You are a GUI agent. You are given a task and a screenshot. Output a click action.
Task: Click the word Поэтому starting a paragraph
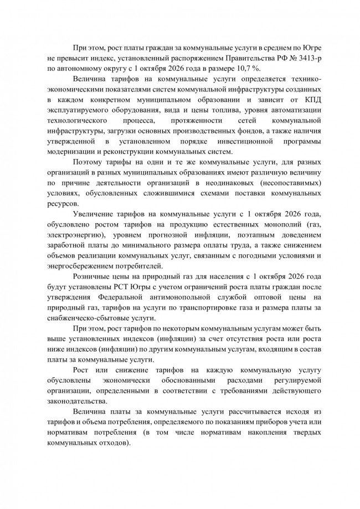point(89,164)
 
